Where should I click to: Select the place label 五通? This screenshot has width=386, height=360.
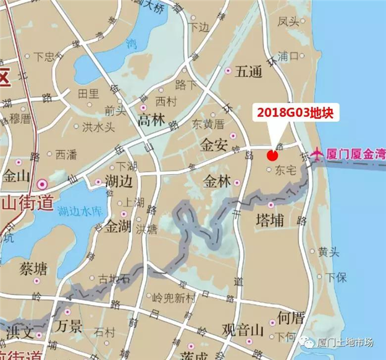(x=249, y=72)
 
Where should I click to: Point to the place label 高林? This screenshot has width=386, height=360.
(x=151, y=119)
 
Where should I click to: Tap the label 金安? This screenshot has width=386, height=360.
(x=214, y=145)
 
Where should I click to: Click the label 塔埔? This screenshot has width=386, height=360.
(x=269, y=220)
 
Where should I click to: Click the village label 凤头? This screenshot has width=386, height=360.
(x=288, y=22)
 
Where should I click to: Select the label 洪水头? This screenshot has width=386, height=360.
(x=98, y=127)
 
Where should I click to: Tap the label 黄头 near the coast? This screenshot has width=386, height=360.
(x=327, y=252)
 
